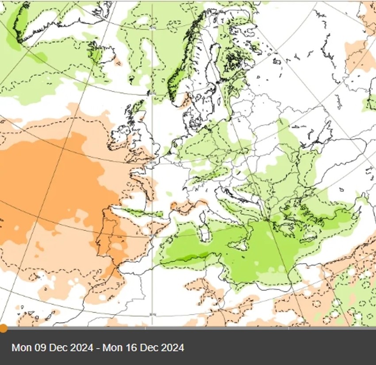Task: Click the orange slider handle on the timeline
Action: pyautogui.click(x=3, y=328)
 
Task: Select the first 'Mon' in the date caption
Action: pyautogui.click(x=21, y=348)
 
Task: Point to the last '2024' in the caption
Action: pyautogui.click(x=174, y=348)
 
